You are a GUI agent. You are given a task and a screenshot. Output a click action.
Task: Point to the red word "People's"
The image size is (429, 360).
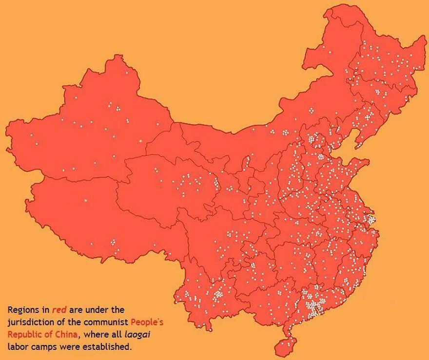point(150,322)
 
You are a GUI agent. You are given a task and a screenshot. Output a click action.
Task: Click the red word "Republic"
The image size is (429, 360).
point(23,335)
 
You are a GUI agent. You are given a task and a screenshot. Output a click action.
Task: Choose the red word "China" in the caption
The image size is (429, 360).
point(65,335)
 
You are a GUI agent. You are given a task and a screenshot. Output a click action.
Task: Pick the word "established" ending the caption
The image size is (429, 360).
point(110,347)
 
